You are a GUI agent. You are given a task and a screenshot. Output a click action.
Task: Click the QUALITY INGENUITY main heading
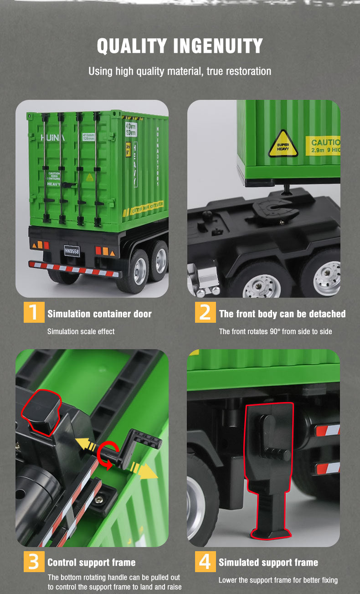pos(180,46)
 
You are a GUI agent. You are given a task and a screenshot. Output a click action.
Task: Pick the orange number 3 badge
pos(34,561)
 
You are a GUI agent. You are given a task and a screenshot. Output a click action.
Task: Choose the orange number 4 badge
pos(205,561)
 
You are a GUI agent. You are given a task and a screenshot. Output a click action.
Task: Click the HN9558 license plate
pos(72,250)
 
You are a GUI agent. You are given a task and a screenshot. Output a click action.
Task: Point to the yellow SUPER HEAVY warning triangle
pos(283,145)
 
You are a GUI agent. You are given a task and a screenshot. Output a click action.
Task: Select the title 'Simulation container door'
pos(99,314)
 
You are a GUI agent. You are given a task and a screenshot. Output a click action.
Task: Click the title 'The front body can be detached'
pos(282,314)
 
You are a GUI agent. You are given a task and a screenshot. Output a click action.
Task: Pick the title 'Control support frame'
pos(91,563)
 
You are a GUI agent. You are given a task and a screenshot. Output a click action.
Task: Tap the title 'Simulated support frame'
pos(268,563)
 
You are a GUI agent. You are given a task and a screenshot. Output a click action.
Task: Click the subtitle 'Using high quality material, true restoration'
pos(180,71)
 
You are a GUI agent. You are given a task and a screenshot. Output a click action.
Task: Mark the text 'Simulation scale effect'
pos(81,331)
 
